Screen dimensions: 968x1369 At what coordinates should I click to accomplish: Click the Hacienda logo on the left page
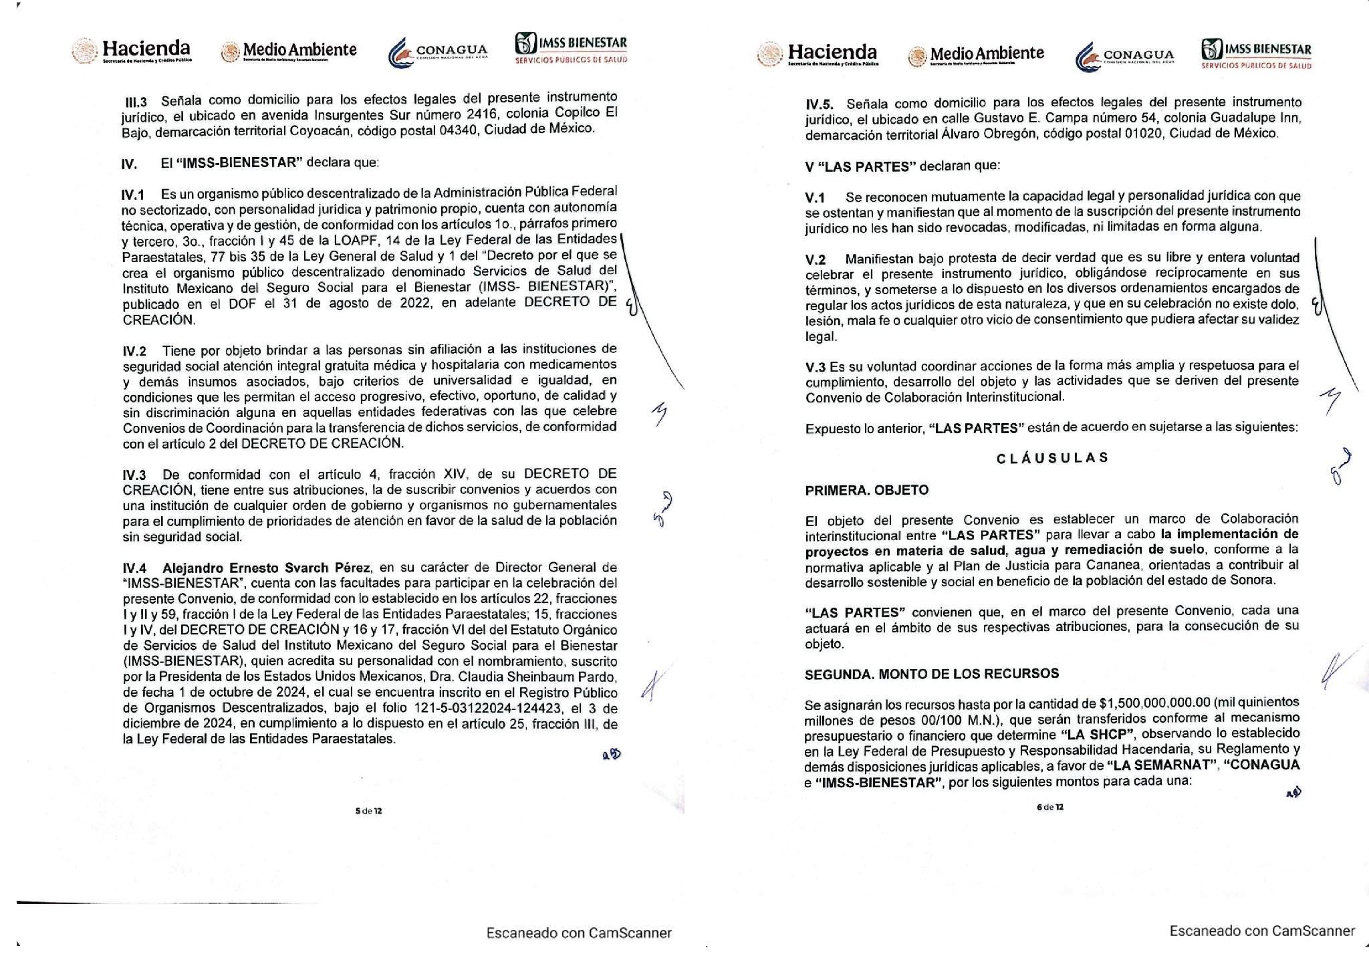132,51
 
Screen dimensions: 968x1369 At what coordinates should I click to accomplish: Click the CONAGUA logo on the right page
1124,55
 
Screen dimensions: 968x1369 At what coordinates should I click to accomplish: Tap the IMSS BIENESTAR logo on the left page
571,49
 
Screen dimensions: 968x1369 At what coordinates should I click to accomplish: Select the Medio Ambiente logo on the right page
976,54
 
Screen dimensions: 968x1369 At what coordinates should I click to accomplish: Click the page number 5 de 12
368,811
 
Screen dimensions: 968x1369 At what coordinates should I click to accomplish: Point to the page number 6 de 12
1050,807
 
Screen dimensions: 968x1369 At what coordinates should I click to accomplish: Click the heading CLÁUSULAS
1052,458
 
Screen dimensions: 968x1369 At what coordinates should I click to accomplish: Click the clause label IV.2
134,350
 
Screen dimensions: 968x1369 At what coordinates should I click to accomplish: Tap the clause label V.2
816,259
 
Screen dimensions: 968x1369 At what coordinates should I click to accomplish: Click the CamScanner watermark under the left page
579,933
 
